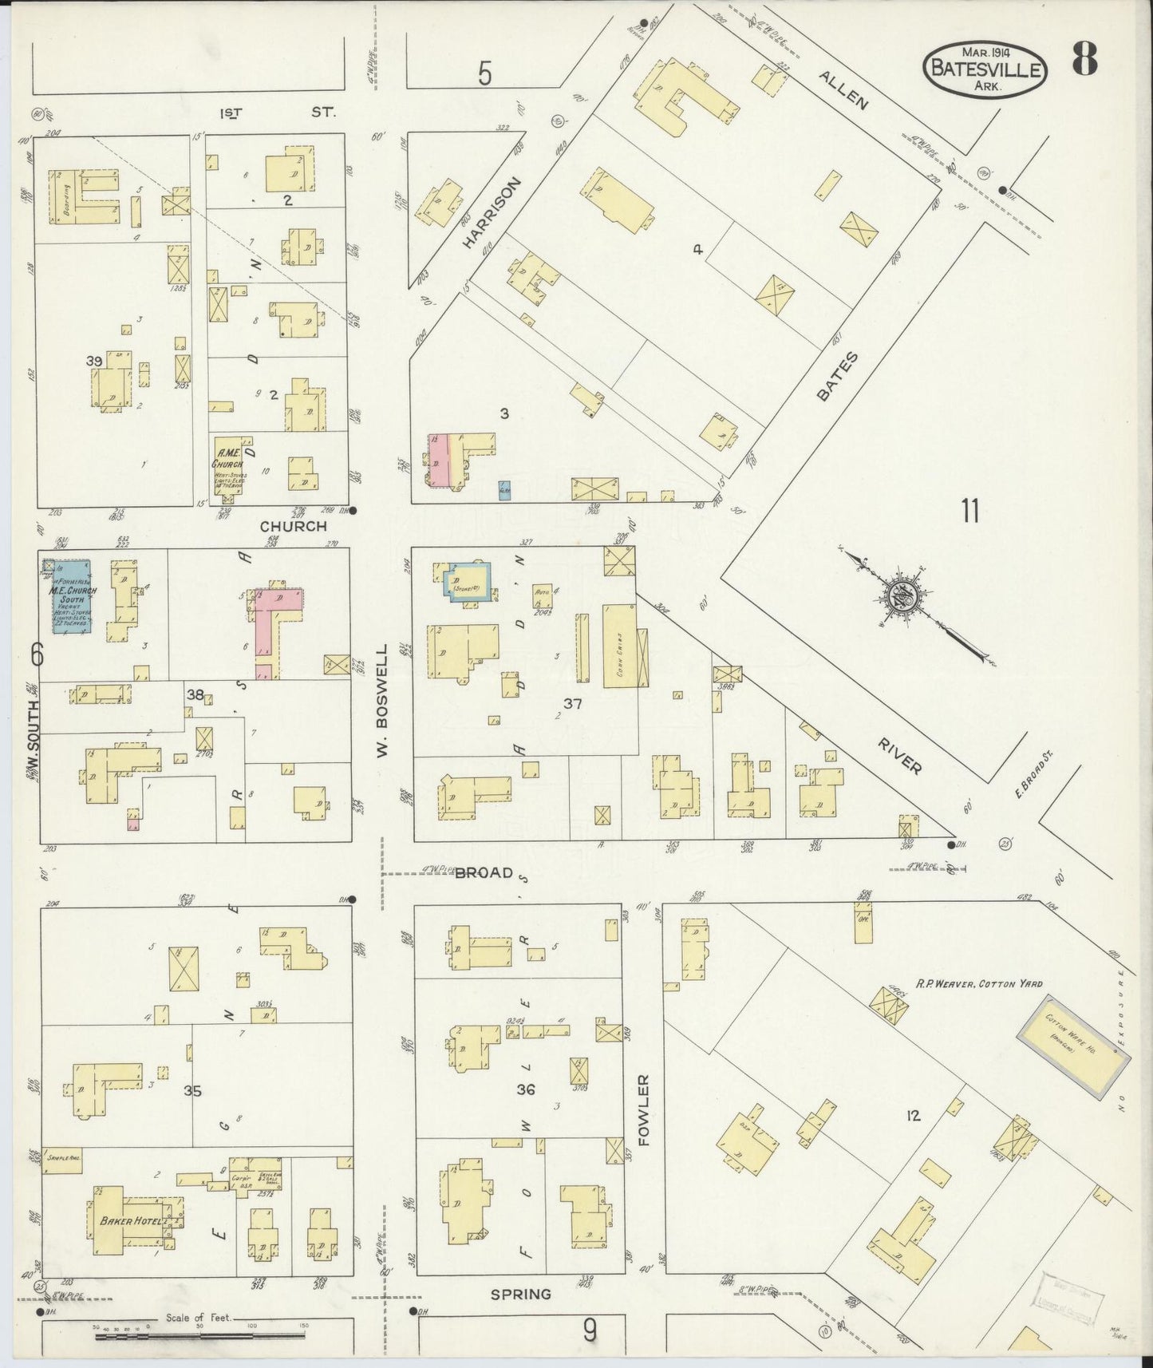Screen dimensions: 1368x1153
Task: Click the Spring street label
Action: (x=520, y=1295)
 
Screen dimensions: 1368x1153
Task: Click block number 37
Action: (x=572, y=704)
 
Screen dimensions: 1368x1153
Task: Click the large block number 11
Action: (x=969, y=511)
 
